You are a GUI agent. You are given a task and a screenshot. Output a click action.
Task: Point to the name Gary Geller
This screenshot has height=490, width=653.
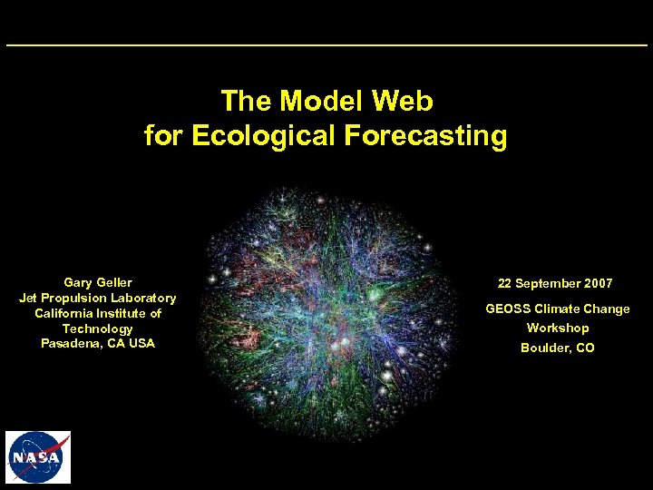point(97,283)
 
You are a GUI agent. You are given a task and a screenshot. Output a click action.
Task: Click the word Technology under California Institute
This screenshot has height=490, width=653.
point(97,328)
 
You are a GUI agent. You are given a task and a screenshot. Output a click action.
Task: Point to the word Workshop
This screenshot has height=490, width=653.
point(558,328)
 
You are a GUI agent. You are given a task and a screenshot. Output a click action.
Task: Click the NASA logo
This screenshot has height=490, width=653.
point(38,457)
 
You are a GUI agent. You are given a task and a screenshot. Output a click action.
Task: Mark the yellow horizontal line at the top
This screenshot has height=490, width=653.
point(326,45)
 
